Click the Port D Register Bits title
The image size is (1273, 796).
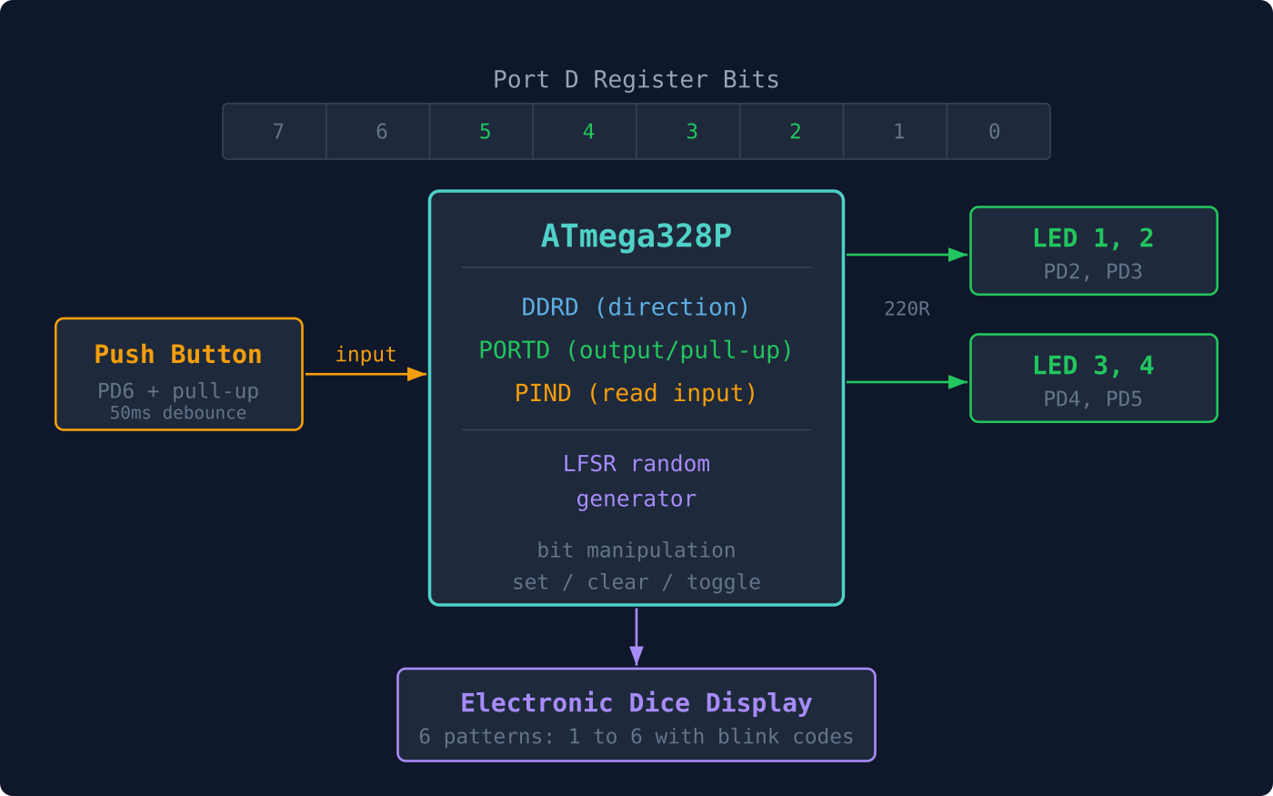(x=636, y=80)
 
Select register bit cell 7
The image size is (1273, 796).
(x=277, y=132)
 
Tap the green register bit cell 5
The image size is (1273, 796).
(x=485, y=132)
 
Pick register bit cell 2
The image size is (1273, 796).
(x=795, y=132)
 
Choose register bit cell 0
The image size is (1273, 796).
(x=994, y=132)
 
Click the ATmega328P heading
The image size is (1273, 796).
(x=636, y=237)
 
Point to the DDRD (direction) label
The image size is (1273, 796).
(x=636, y=307)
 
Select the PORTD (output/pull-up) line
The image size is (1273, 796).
(x=636, y=350)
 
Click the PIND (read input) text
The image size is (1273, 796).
(x=636, y=393)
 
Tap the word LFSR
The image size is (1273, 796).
(x=589, y=464)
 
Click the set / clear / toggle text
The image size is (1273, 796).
(x=636, y=582)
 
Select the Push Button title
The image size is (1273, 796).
(x=178, y=355)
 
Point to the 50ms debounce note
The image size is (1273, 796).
(x=178, y=413)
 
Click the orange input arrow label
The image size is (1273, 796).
(x=366, y=355)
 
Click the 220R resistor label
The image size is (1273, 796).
(x=907, y=309)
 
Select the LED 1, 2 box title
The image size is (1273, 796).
(x=1093, y=238)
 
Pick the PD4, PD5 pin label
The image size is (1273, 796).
(x=1093, y=399)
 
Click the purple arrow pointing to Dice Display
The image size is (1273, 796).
(x=636, y=637)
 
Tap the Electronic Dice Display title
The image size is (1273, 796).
(x=636, y=703)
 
